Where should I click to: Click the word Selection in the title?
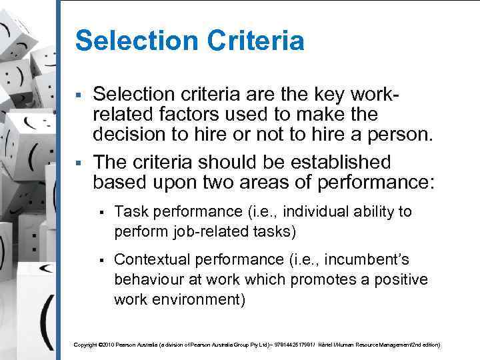pos(129,41)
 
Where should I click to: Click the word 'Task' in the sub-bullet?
pos(131,211)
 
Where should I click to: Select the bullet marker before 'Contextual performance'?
pos(101,259)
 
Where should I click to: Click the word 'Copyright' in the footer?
pos(85,345)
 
